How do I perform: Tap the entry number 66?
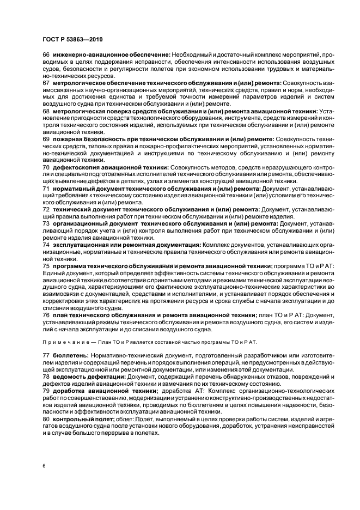tap(46, 55)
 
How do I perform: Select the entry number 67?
tap(46, 82)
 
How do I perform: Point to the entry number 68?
tap(46, 111)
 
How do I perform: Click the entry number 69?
tap(46, 139)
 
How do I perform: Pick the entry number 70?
tap(46, 167)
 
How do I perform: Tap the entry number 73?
tap(46, 223)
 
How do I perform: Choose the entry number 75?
tap(46, 265)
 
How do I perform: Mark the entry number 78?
tap(46, 377)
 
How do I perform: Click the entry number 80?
tap(46, 419)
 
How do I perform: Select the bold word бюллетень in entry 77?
tap(68, 355)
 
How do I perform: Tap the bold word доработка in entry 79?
tap(69, 391)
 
